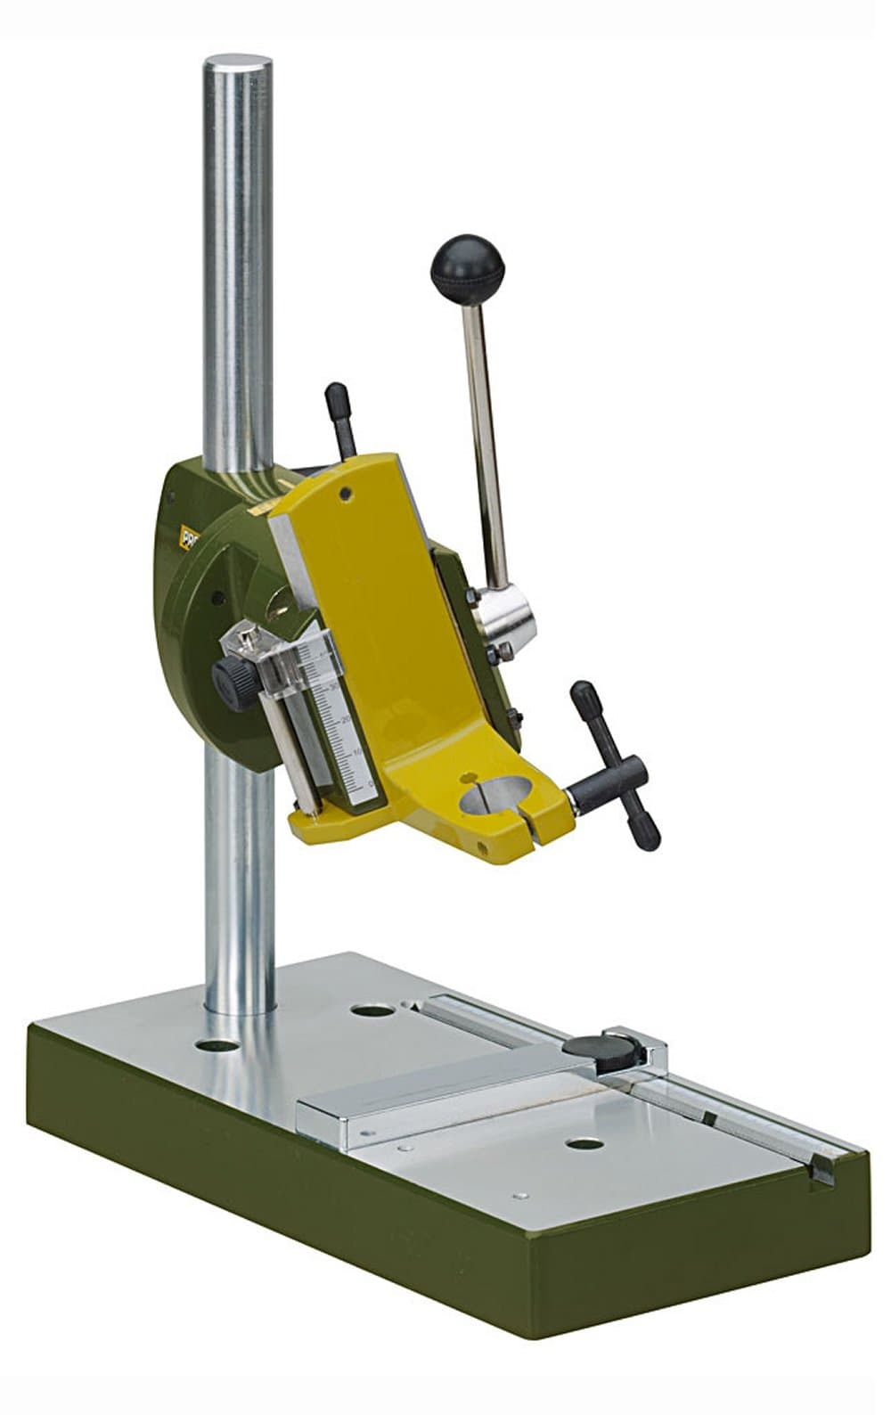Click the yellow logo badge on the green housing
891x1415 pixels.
pos(189,538)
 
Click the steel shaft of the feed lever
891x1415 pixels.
pos(484,437)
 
